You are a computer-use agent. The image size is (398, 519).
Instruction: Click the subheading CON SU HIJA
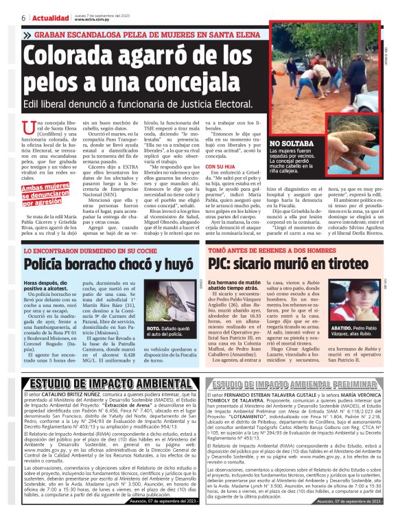tap(224, 166)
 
